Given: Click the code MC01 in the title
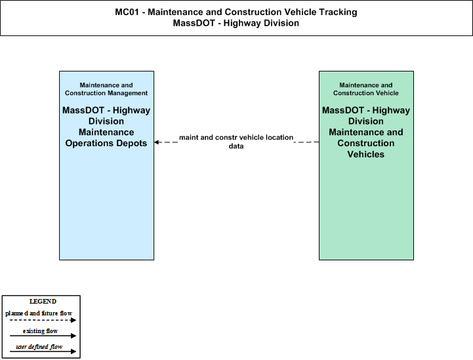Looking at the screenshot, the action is [x=127, y=12].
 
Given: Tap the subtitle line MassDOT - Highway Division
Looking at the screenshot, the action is [x=236, y=23].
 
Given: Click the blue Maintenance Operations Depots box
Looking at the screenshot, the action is [x=106, y=165].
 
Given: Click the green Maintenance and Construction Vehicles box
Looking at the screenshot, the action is [x=366, y=165].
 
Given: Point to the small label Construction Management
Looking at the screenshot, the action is [x=106, y=93].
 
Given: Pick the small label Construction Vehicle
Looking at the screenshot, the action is [x=366, y=93].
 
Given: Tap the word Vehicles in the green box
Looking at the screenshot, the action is [x=366, y=154].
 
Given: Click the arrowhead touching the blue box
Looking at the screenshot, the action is [x=157, y=142].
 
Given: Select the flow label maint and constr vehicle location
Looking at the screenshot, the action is [x=236, y=138].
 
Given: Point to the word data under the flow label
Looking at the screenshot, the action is [x=236, y=146].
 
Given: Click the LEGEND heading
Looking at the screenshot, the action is [x=43, y=302].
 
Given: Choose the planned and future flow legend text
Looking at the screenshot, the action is [x=39, y=313].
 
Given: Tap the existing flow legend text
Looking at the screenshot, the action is [x=40, y=331].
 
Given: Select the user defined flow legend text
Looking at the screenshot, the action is [x=39, y=347].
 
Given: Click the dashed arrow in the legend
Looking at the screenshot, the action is [x=43, y=320].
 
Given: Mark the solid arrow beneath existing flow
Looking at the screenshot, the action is [x=43, y=336].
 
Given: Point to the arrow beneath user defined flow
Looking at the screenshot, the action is [x=43, y=351].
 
